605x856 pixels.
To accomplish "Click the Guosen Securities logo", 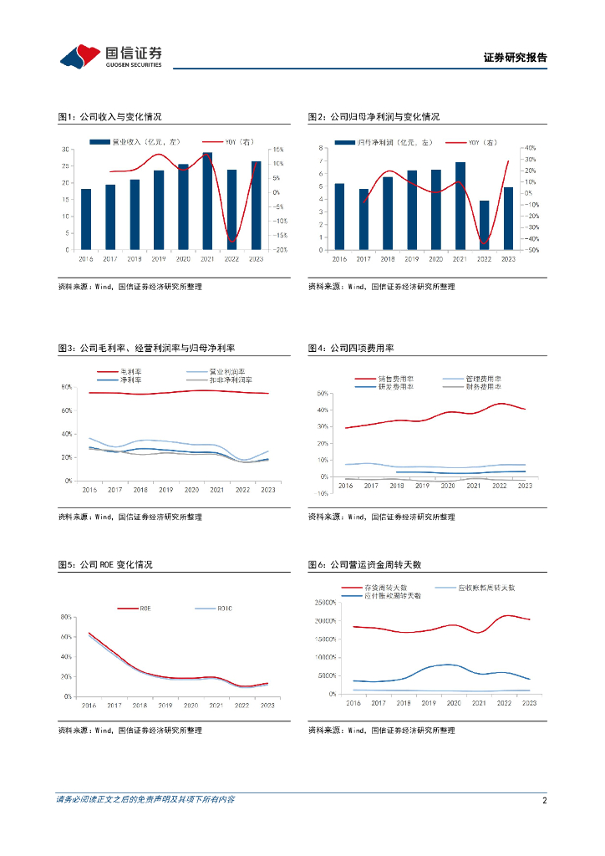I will pyautogui.click(x=110, y=55).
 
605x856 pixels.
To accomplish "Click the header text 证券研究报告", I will pyautogui.click(x=515, y=58).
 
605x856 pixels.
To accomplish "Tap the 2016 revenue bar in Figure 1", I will pyautogui.click(x=86, y=219).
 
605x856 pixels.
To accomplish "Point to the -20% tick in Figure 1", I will pyautogui.click(x=282, y=249).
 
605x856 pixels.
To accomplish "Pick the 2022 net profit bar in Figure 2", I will pyautogui.click(x=483, y=225).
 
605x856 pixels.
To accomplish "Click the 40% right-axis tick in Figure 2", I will pyautogui.click(x=529, y=147).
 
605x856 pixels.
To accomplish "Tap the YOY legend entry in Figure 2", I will pyautogui.click(x=482, y=143).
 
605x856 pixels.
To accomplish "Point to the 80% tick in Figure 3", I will pyautogui.click(x=66, y=387).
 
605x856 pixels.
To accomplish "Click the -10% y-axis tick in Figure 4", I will pyautogui.click(x=322, y=493).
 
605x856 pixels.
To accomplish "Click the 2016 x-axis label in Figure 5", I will pyautogui.click(x=88, y=706).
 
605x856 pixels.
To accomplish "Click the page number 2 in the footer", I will pyautogui.click(x=544, y=800).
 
